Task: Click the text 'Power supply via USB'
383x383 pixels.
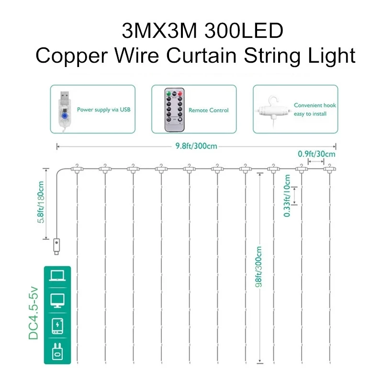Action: pos(103,110)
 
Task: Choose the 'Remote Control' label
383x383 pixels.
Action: pos(208,110)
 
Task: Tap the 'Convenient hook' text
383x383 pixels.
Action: pos(315,105)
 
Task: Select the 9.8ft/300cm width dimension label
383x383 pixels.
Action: pos(196,146)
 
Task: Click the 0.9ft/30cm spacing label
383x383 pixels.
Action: pos(316,154)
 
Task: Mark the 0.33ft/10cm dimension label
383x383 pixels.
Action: pos(287,196)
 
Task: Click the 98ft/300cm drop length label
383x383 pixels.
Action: pos(259,273)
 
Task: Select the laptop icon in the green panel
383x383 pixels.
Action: pos(56,277)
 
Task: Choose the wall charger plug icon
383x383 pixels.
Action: pos(56,352)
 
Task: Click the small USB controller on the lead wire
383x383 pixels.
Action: pos(56,247)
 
